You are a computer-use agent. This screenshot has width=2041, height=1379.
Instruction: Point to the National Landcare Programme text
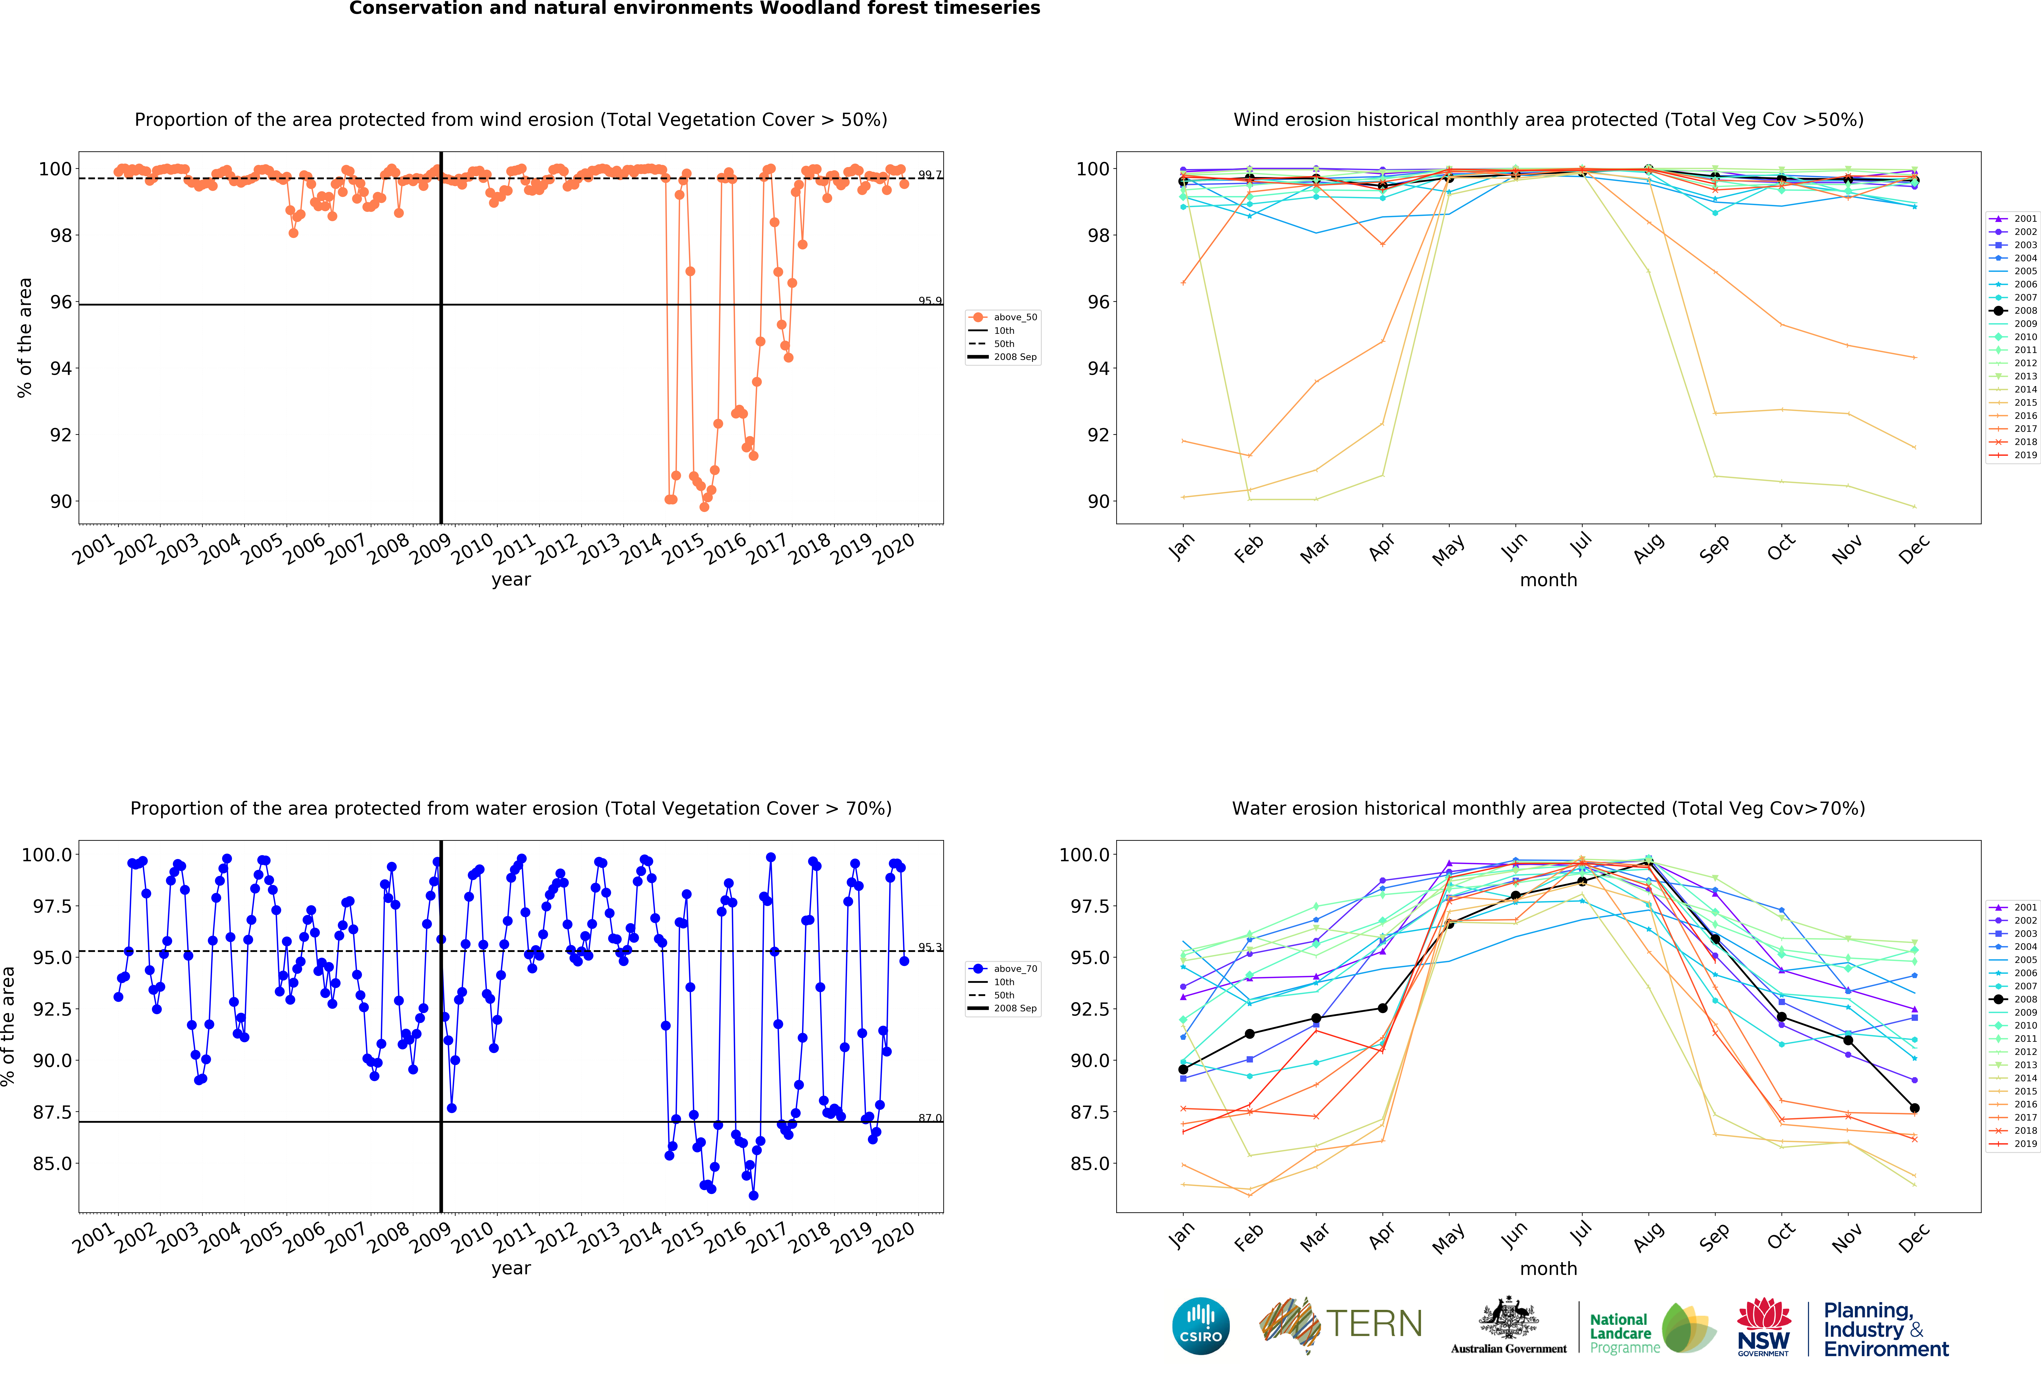(1624, 1333)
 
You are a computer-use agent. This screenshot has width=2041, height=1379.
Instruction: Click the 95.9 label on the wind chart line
(929, 300)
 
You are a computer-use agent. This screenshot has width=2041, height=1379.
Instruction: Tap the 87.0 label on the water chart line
(929, 1118)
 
